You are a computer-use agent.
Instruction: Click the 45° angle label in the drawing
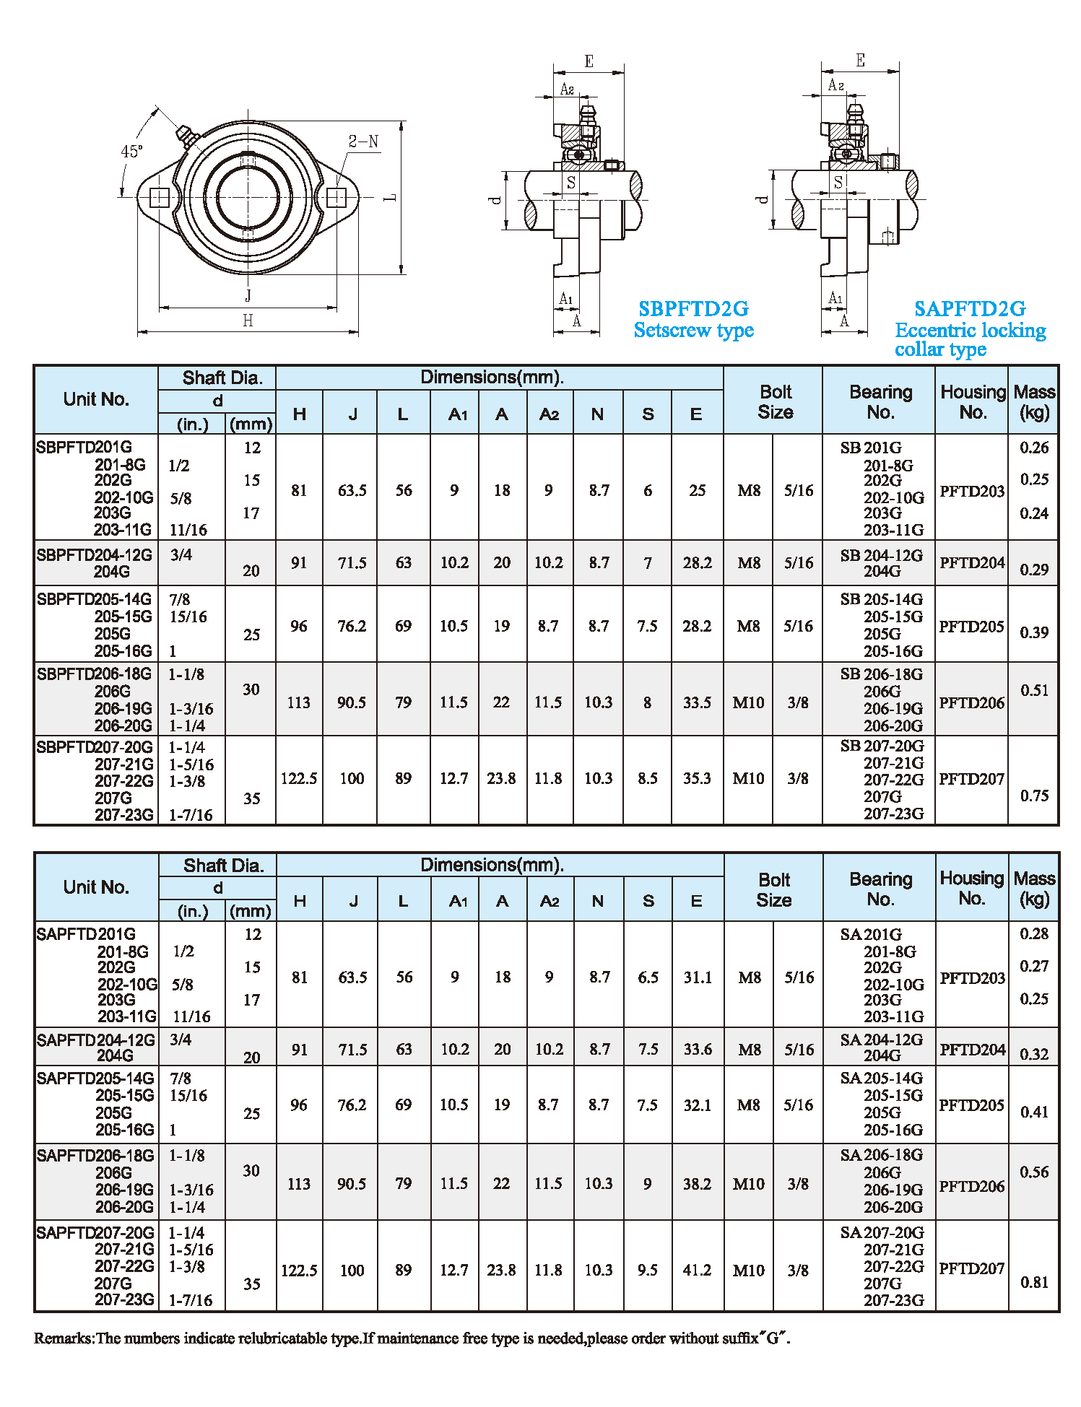point(131,151)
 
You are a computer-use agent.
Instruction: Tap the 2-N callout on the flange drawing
point(363,141)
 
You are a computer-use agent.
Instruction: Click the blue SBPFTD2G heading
point(693,309)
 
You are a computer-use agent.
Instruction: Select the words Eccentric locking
point(970,331)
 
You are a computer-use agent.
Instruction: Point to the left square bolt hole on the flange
point(159,197)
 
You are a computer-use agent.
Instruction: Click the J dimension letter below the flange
point(248,295)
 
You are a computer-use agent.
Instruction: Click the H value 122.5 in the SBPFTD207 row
point(299,778)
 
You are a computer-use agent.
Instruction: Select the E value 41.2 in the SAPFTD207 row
point(697,1270)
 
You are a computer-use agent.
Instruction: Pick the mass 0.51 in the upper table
point(1034,690)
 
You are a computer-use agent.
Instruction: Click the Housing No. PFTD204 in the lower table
point(972,1049)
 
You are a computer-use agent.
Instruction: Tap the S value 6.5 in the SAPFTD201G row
point(648,977)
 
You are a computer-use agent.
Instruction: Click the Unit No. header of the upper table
point(96,399)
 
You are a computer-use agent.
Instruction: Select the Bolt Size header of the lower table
point(773,889)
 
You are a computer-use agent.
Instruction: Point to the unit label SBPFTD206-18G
point(94,674)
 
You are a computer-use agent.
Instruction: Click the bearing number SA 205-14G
point(881,1078)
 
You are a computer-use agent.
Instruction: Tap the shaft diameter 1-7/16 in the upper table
point(191,815)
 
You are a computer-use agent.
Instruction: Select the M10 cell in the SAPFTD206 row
point(748,1184)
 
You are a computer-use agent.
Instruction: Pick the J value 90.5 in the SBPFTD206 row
point(352,702)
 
